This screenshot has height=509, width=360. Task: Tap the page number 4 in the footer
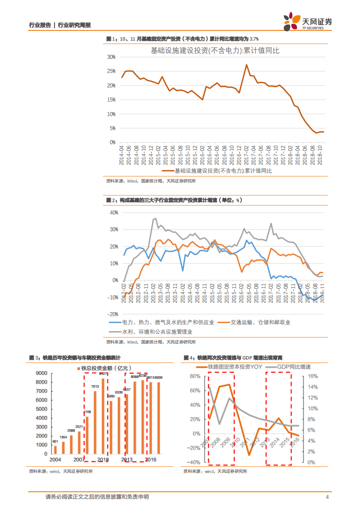327,497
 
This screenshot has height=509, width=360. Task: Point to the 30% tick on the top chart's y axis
111,57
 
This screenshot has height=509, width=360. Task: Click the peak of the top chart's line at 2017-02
247,64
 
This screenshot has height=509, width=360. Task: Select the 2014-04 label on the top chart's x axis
122,154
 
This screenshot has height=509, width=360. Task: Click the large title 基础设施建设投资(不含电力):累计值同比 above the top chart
215,50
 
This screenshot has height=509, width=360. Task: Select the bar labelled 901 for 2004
55,450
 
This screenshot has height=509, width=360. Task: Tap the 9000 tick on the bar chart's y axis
41,373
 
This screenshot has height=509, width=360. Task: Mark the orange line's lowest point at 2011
249,455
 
